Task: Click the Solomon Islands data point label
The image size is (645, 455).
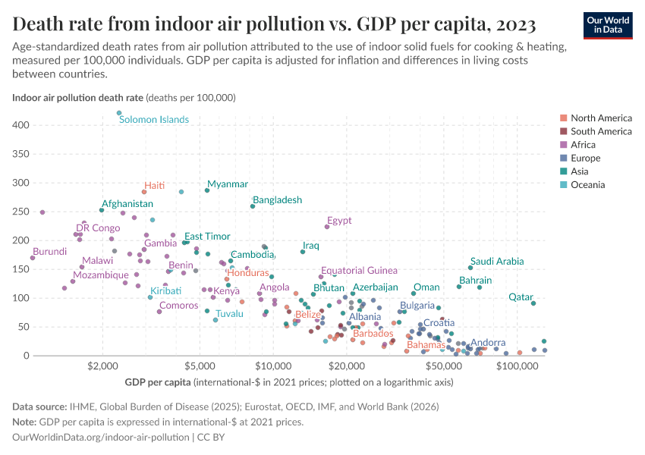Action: (153, 119)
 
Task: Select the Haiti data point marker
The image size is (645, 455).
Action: (144, 192)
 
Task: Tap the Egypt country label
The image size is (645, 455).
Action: (339, 221)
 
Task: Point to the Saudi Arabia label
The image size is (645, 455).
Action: (497, 261)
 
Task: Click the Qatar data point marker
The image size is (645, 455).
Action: (533, 303)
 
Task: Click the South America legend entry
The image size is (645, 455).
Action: (601, 131)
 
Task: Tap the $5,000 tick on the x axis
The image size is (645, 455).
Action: (200, 368)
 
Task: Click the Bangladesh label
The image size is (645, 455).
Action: (277, 200)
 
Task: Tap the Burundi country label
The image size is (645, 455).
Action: (49, 251)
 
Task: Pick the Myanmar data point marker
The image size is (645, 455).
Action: (206, 190)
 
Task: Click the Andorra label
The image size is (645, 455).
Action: (488, 343)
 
